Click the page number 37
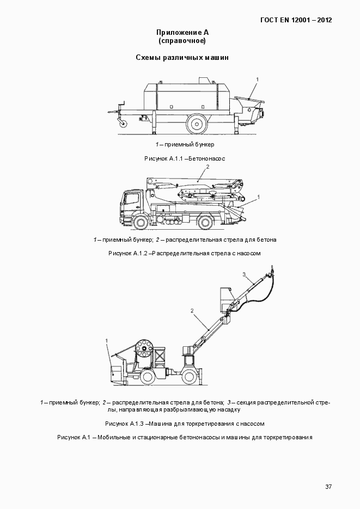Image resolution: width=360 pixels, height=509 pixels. [328, 487]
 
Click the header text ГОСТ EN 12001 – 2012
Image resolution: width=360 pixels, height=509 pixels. [296, 20]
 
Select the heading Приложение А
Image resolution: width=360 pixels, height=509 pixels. [182, 33]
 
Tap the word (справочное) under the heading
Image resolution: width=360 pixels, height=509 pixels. [182, 41]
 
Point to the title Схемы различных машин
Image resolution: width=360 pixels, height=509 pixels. [182, 57]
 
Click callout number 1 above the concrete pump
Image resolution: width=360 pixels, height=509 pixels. [257, 80]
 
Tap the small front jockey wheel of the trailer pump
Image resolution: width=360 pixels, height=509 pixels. [124, 124]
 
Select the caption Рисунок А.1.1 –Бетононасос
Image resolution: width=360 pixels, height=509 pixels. [185, 158]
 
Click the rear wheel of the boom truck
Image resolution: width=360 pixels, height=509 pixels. [206, 221]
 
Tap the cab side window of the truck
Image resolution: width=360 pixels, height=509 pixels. [132, 199]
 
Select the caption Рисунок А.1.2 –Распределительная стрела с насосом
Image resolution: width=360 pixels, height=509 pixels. [185, 253]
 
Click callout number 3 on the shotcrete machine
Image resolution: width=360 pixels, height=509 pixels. [245, 274]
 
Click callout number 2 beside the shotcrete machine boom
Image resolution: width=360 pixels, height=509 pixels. [192, 311]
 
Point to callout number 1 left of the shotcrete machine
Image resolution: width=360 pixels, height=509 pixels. [107, 341]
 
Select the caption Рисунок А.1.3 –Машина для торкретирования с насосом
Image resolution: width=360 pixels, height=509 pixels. [185, 423]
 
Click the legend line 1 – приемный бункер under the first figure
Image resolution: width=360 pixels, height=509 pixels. [185, 144]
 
